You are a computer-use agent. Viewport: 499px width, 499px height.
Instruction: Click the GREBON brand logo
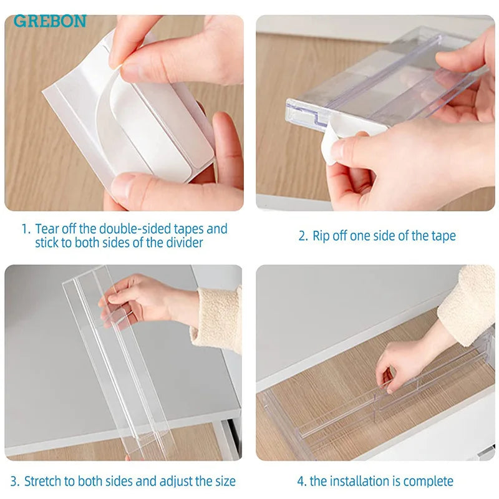click(50, 21)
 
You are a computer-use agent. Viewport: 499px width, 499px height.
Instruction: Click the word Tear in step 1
click(47, 229)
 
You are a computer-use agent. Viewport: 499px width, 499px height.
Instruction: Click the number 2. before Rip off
click(303, 236)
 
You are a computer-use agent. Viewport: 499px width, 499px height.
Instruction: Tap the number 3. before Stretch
click(15, 481)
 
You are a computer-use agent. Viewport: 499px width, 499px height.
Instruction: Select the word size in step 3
click(225, 481)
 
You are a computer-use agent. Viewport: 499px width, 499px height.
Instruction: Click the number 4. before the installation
click(302, 481)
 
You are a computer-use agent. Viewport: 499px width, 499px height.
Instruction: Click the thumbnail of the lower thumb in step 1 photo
click(122, 188)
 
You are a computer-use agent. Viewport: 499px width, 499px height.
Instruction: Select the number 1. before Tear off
click(26, 229)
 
